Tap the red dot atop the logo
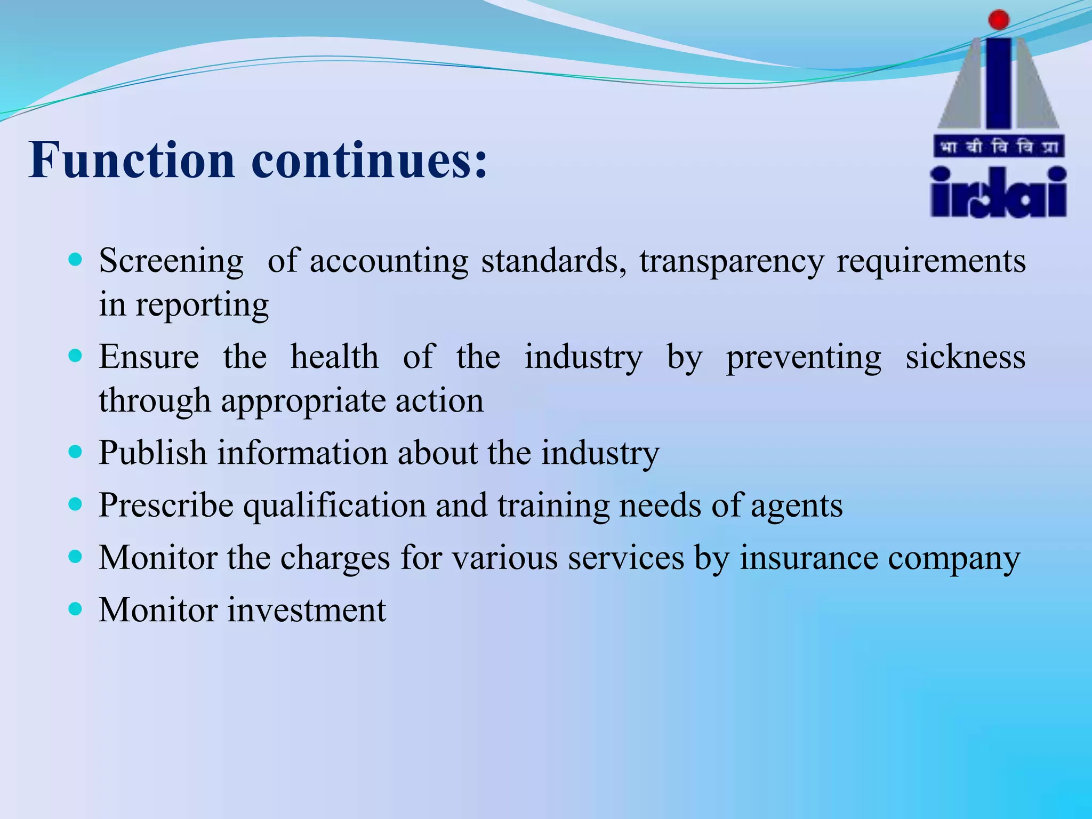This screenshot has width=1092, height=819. click(998, 20)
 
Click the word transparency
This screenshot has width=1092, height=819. click(732, 261)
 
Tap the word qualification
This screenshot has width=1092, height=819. click(334, 505)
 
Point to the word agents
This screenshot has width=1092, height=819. click(797, 505)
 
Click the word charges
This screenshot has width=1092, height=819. click(335, 558)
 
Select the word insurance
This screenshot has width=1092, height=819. click(808, 558)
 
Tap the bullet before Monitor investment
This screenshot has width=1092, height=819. click(76, 608)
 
